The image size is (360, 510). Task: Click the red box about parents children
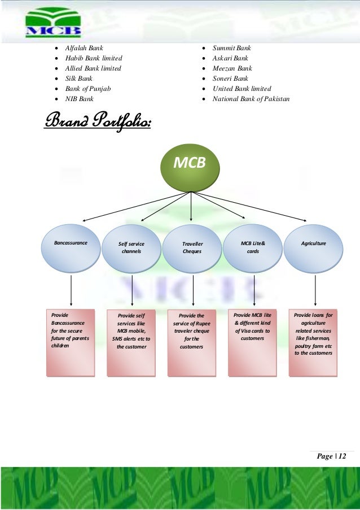pos(71,341)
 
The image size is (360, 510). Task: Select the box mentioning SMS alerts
pos(131,342)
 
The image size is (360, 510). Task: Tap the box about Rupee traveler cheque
pos(192,342)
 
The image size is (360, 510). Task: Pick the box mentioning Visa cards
pos(253,341)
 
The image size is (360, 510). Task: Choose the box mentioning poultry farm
pos(314,341)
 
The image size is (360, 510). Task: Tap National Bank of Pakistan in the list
pos(251,99)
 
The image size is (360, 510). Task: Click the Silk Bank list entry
pos(79,79)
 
